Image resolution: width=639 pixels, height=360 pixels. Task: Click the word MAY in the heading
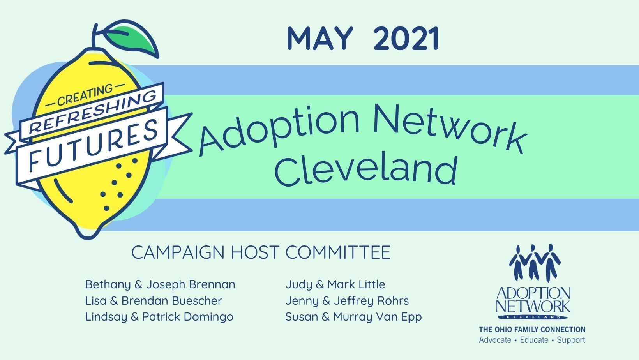(320, 39)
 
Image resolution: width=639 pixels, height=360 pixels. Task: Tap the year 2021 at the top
(406, 39)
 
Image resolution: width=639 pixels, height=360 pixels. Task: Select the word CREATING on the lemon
(85, 95)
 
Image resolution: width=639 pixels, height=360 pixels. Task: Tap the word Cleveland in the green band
(366, 171)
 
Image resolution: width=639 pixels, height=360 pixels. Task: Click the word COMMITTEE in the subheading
(338, 252)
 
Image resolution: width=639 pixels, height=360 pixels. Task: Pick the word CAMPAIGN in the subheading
(178, 252)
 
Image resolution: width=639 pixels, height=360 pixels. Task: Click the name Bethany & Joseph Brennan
(160, 285)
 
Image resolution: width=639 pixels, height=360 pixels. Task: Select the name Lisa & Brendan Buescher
(154, 301)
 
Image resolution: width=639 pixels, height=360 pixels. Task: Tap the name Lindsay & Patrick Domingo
(159, 317)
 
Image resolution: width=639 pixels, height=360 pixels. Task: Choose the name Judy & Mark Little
(335, 285)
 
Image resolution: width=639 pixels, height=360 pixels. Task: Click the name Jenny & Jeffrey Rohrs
(347, 301)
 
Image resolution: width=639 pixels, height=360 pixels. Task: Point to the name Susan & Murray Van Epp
(353, 317)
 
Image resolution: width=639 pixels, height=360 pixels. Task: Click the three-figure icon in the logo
(535, 263)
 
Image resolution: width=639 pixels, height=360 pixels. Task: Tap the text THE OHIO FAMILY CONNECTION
(532, 330)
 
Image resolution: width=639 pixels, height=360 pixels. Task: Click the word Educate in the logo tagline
(534, 340)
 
